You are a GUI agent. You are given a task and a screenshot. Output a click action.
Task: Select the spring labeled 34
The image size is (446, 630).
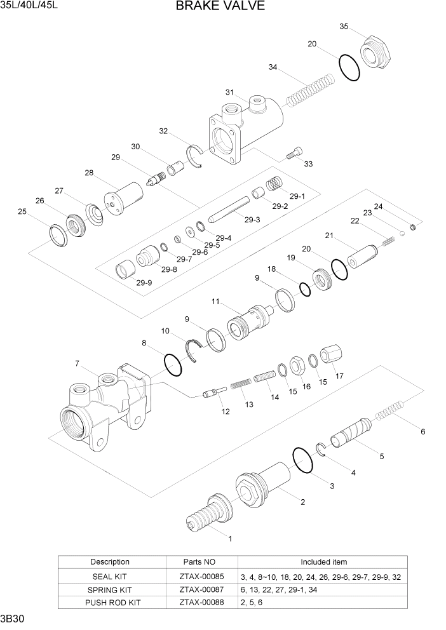[x=309, y=90]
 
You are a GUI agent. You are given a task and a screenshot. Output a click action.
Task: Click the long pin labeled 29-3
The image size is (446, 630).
[x=228, y=209]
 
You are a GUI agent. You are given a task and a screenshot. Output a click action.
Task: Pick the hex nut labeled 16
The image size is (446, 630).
[x=296, y=365]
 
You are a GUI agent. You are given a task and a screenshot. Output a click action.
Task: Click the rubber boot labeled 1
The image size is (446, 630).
[x=209, y=513]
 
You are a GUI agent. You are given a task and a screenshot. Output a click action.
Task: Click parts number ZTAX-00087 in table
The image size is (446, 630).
[x=202, y=590]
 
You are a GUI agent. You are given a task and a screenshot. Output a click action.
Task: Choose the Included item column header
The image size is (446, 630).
[x=323, y=562]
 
